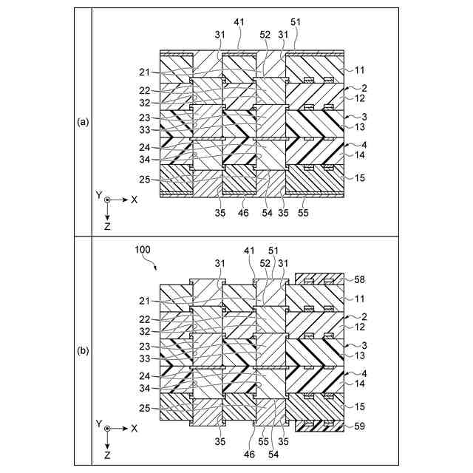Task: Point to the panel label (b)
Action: pyautogui.click(x=83, y=351)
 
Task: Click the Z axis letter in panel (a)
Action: pyautogui.click(x=107, y=226)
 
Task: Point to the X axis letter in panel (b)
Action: pyautogui.click(x=134, y=428)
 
